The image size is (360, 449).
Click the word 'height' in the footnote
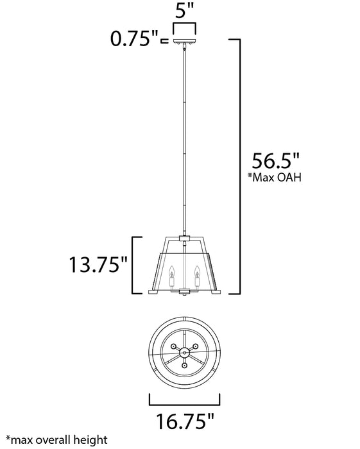[92, 441]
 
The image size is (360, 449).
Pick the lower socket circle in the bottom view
[184, 366]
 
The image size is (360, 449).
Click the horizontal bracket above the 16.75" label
[184, 403]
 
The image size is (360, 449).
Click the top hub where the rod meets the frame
[184, 237]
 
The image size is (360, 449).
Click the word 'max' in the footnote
[17, 441]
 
